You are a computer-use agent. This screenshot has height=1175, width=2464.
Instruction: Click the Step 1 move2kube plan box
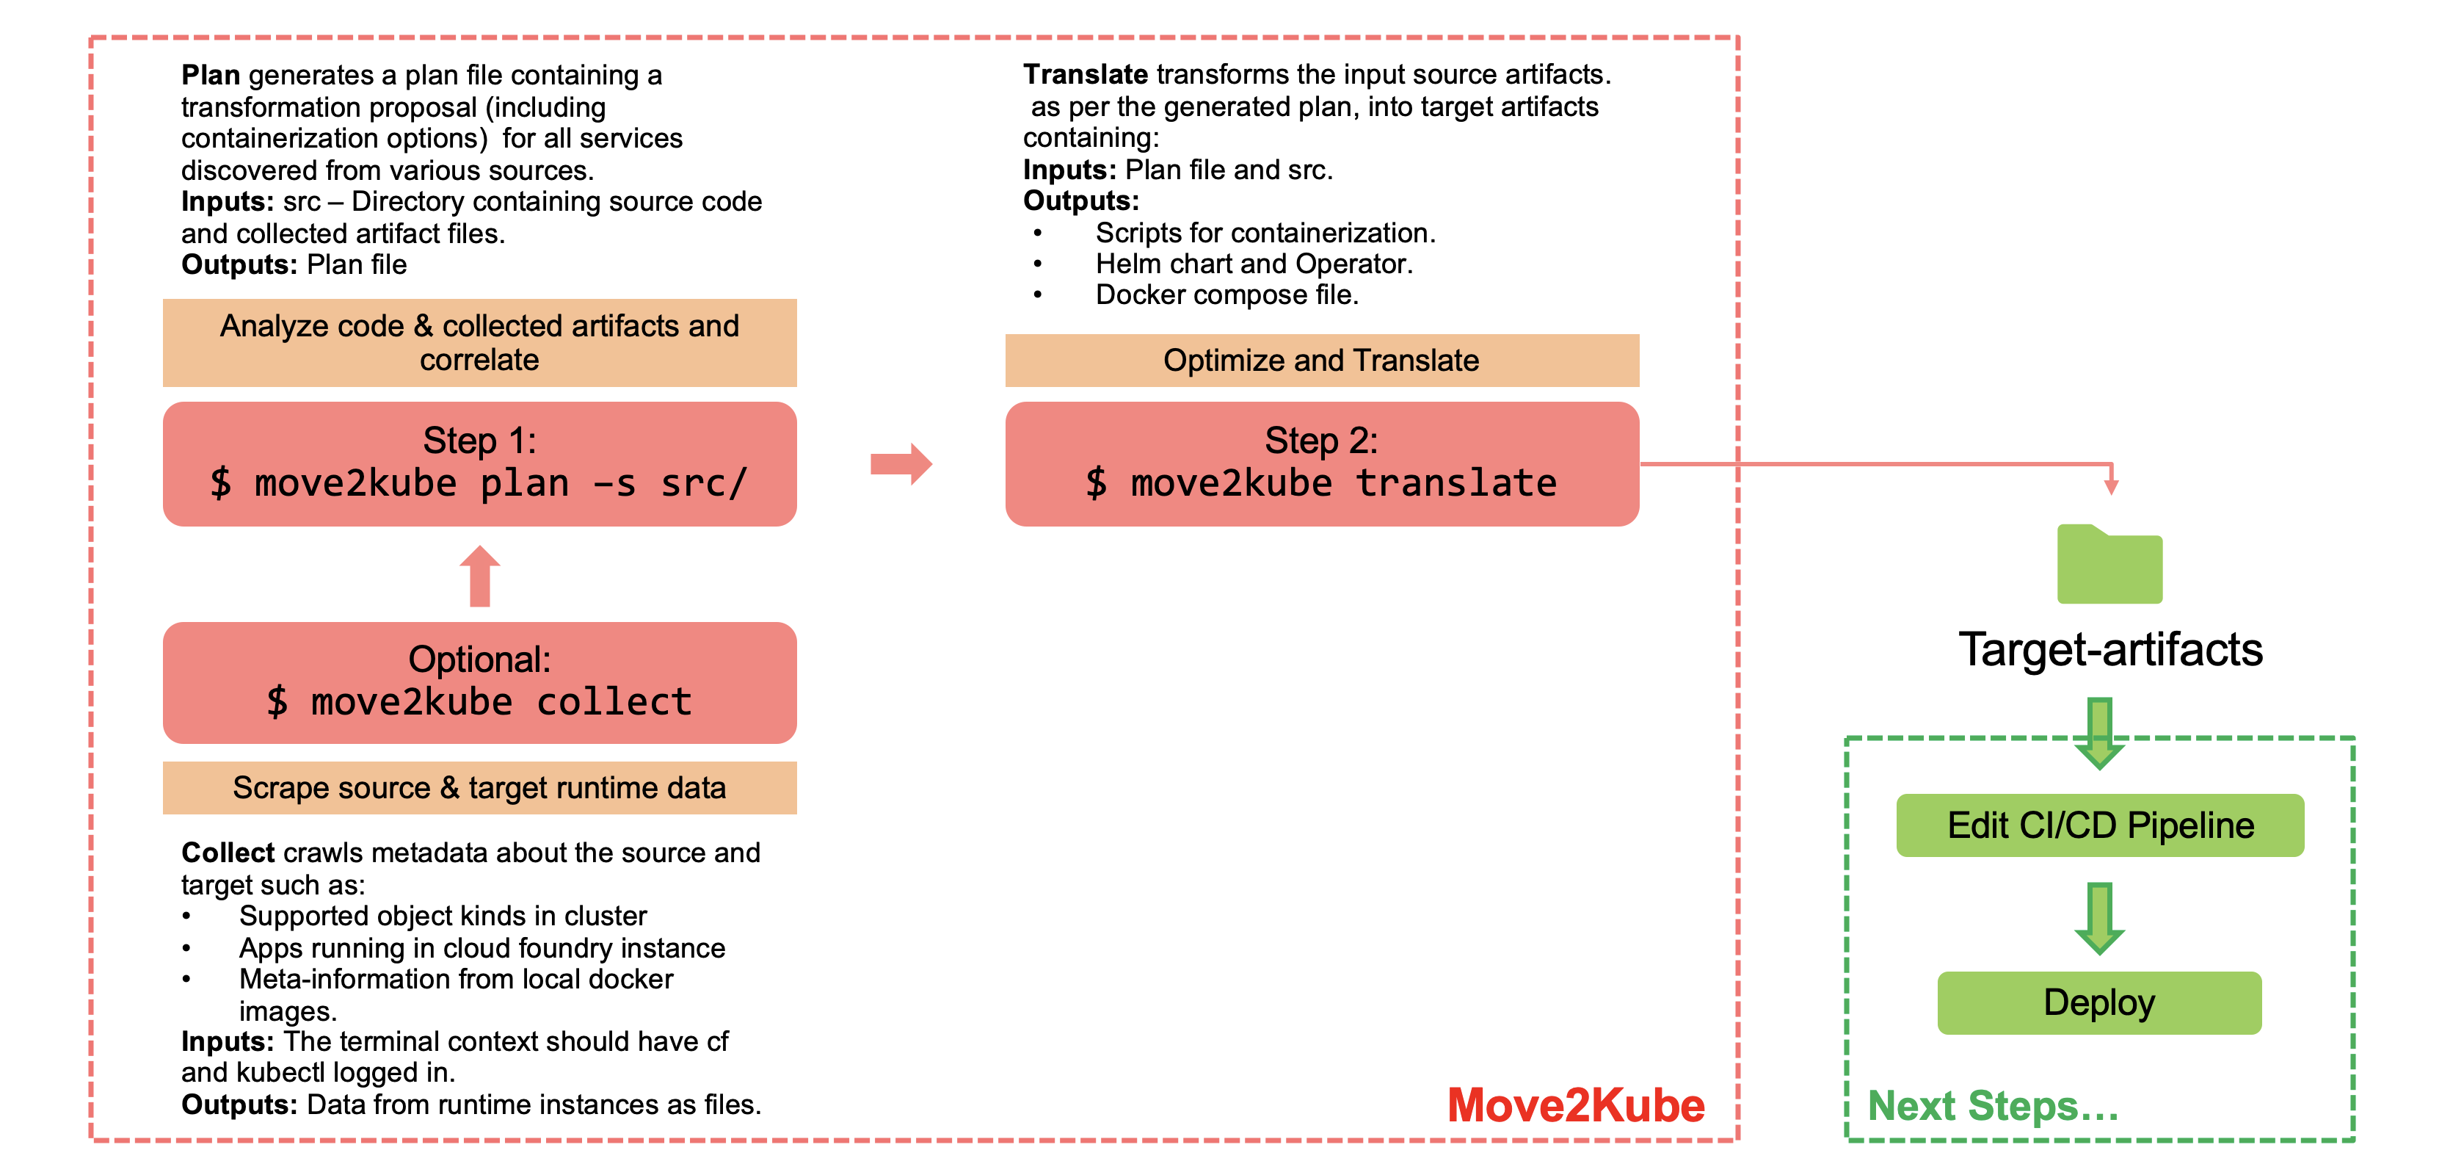pyautogui.click(x=479, y=464)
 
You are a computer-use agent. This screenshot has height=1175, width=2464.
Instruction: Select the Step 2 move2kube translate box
pyautogui.click(x=1322, y=464)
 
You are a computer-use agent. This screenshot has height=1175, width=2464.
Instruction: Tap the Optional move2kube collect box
pyautogui.click(x=479, y=682)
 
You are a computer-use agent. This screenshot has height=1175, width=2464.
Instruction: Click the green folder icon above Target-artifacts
pyautogui.click(x=2109, y=565)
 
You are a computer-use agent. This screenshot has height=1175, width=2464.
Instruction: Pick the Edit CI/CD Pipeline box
pyautogui.click(x=2099, y=825)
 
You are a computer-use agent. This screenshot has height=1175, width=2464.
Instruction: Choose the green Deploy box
pyautogui.click(x=2099, y=1002)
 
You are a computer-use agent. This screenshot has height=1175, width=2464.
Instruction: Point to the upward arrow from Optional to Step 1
pyautogui.click(x=479, y=576)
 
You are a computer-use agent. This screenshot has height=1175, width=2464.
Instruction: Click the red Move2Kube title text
pyautogui.click(x=1575, y=1105)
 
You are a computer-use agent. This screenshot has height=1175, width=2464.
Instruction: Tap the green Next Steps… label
pyautogui.click(x=1993, y=1106)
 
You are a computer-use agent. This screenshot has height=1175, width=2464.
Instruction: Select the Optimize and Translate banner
pyautogui.click(x=1322, y=360)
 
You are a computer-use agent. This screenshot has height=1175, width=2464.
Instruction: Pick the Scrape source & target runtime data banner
pyautogui.click(x=479, y=787)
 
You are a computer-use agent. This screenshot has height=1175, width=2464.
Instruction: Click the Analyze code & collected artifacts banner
pyautogui.click(x=479, y=342)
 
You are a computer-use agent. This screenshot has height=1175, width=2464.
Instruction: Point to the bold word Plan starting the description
pyautogui.click(x=211, y=75)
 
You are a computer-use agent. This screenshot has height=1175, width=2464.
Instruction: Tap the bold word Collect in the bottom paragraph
pyautogui.click(x=228, y=853)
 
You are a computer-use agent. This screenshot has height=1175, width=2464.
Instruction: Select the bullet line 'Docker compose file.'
pyautogui.click(x=1226, y=294)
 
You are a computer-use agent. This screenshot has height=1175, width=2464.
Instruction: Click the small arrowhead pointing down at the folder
pyautogui.click(x=2111, y=485)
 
